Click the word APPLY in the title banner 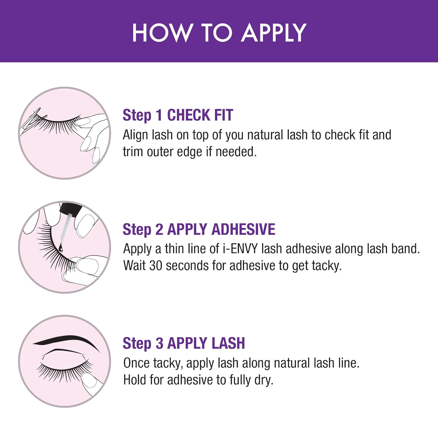274,33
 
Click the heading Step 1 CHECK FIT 178,115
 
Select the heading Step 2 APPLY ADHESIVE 199,229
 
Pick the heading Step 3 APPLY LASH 184,343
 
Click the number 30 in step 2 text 156,266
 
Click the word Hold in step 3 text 134,380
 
